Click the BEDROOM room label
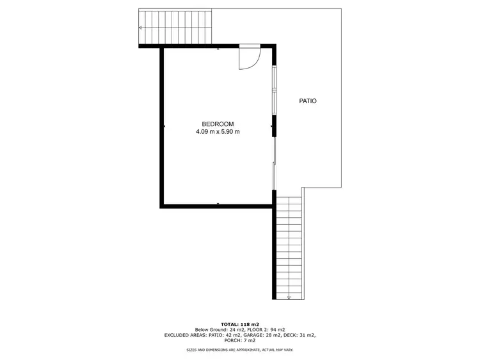[218, 124]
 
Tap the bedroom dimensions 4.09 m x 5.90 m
[218, 132]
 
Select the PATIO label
[308, 101]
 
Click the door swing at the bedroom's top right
[249, 57]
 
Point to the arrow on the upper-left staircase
[141, 28]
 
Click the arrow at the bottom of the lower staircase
[289, 296]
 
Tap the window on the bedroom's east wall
[275, 89]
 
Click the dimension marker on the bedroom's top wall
[218, 49]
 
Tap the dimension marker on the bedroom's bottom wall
[218, 204]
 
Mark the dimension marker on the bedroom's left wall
[164, 127]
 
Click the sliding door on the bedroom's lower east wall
[275, 163]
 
